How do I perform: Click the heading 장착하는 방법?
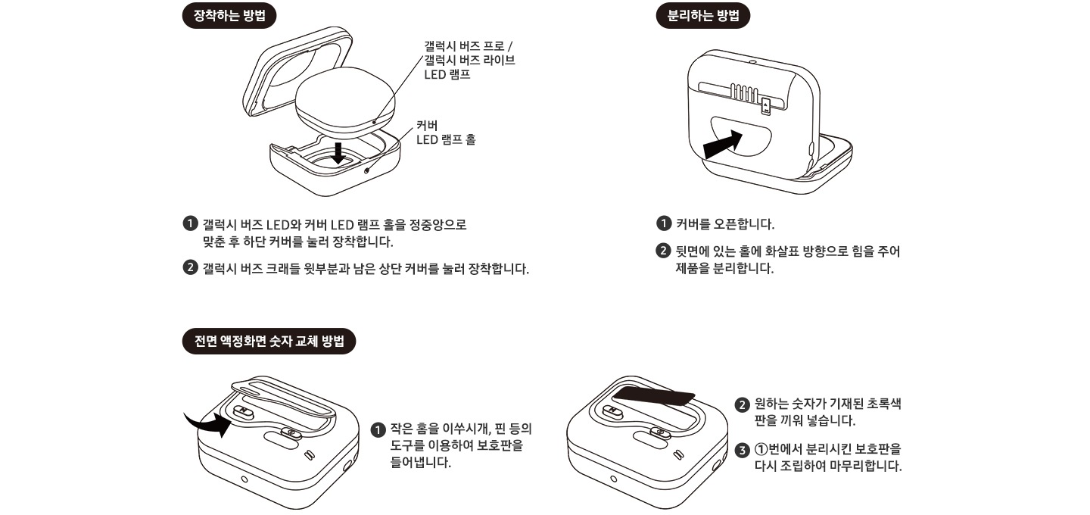tap(229, 16)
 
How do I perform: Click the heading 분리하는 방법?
tap(703, 16)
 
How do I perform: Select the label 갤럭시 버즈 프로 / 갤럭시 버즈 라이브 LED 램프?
tap(469, 60)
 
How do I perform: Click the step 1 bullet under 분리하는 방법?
tap(662, 224)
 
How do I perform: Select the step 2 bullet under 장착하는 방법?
tap(191, 268)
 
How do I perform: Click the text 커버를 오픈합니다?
tap(724, 224)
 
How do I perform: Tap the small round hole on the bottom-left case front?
tap(244, 479)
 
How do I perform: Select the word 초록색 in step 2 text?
tap(883, 404)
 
